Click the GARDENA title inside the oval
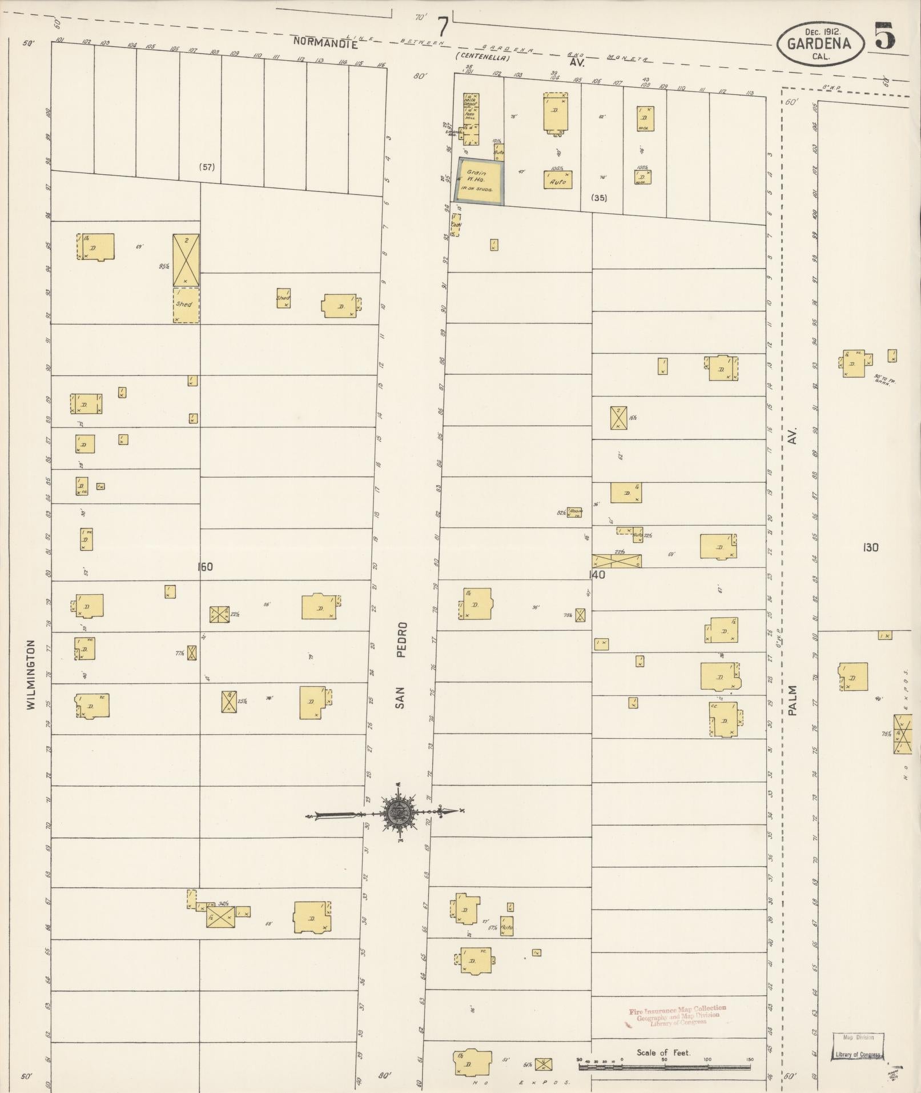[x=819, y=43]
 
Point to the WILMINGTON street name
[x=31, y=674]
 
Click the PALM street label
[x=792, y=700]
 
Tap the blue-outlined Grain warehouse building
[x=480, y=180]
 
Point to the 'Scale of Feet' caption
[x=663, y=1052]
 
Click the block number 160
[x=204, y=567]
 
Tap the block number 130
[x=871, y=547]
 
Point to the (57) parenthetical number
[x=206, y=167]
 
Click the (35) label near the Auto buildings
[x=599, y=198]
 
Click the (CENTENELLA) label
[x=482, y=57]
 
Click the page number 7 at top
[x=443, y=27]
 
